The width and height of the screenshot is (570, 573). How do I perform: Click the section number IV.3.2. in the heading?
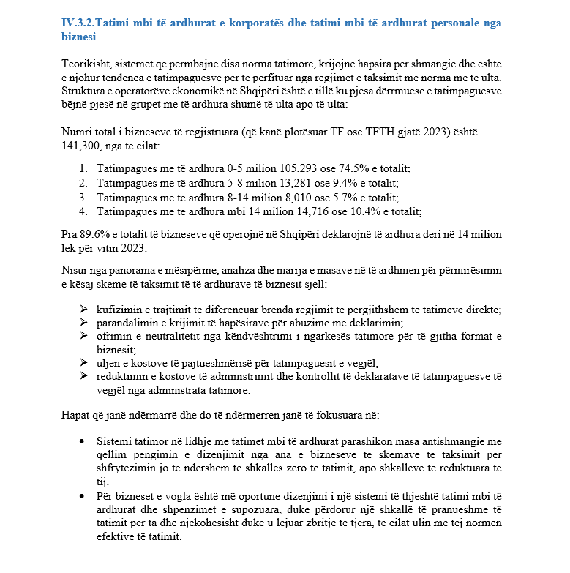[x=77, y=23]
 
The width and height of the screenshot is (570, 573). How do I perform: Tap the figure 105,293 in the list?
[x=288, y=169]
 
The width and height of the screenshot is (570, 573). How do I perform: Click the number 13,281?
[x=288, y=183]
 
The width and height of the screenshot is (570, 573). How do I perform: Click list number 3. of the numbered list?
[x=83, y=197]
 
